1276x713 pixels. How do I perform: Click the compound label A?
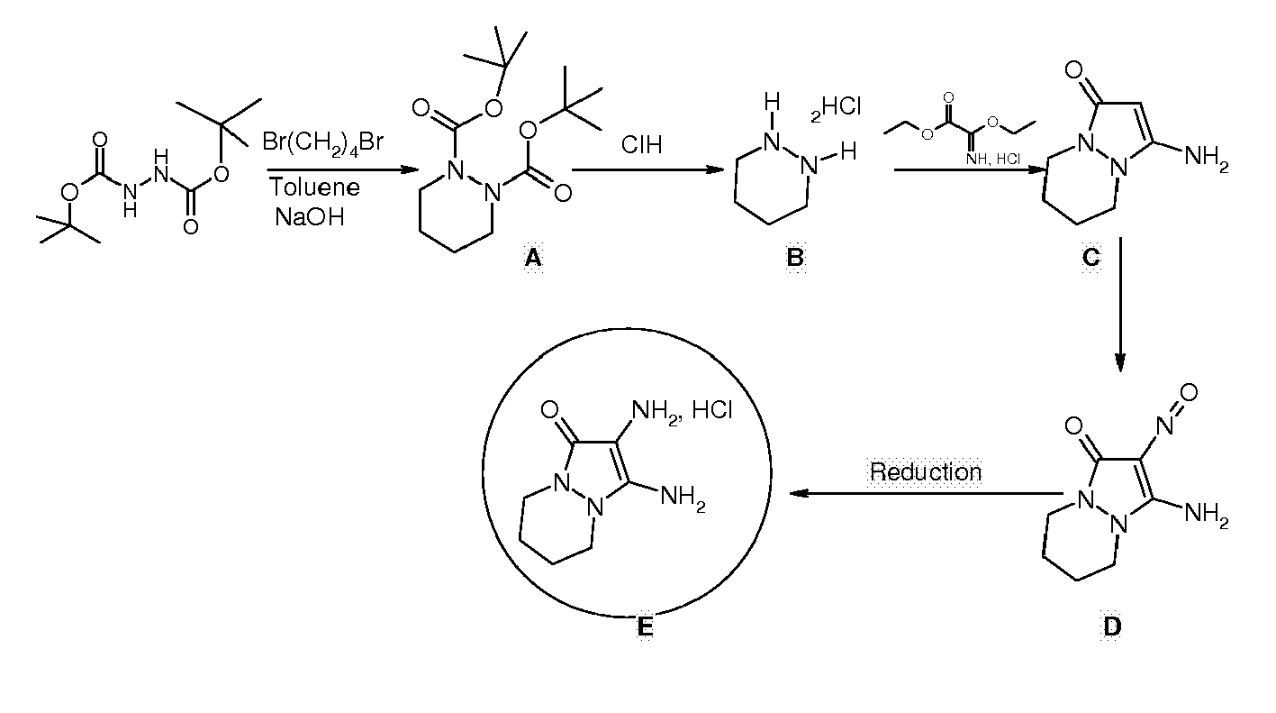coord(532,259)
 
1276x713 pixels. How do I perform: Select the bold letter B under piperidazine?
coord(795,258)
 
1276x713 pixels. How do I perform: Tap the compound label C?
coord(1090,258)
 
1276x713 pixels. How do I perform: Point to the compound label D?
coord(1112,626)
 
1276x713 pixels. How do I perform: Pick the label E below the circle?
coord(644,627)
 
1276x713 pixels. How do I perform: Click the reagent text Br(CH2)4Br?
coord(323,142)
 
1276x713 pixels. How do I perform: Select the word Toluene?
coord(314,187)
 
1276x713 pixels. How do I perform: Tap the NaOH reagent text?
coord(310,216)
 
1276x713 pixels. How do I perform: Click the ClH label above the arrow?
coord(641,145)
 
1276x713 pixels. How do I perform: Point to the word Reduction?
coord(926,471)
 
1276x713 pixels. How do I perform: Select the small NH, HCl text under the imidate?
coord(993,160)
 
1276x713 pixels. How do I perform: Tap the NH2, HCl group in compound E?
coord(682,411)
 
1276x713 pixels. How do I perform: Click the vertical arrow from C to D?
coord(1120,305)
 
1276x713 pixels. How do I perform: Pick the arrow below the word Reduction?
coord(927,494)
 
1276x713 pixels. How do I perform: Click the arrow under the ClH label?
coord(648,169)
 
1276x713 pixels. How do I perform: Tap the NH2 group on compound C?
coord(1207,158)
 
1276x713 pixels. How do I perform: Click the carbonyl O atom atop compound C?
coord(1073,70)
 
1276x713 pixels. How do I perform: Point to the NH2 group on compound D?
coord(1207,515)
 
